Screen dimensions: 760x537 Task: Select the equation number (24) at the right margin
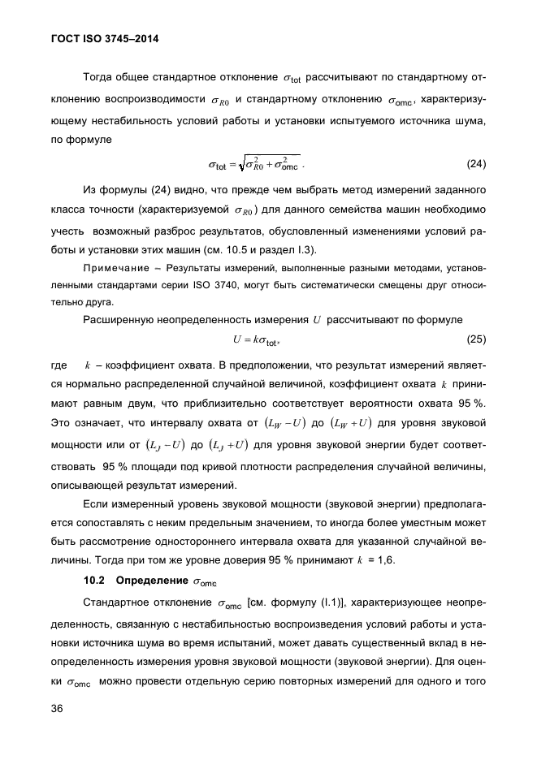(476, 164)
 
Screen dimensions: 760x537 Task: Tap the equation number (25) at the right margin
(476, 337)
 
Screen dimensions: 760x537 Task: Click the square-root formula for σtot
(256, 165)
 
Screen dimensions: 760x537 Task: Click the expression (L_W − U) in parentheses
(283, 422)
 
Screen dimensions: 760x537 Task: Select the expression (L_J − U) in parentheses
(164, 444)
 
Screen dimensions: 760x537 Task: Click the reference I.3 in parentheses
(305, 248)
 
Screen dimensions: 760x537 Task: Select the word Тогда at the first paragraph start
(97, 79)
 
